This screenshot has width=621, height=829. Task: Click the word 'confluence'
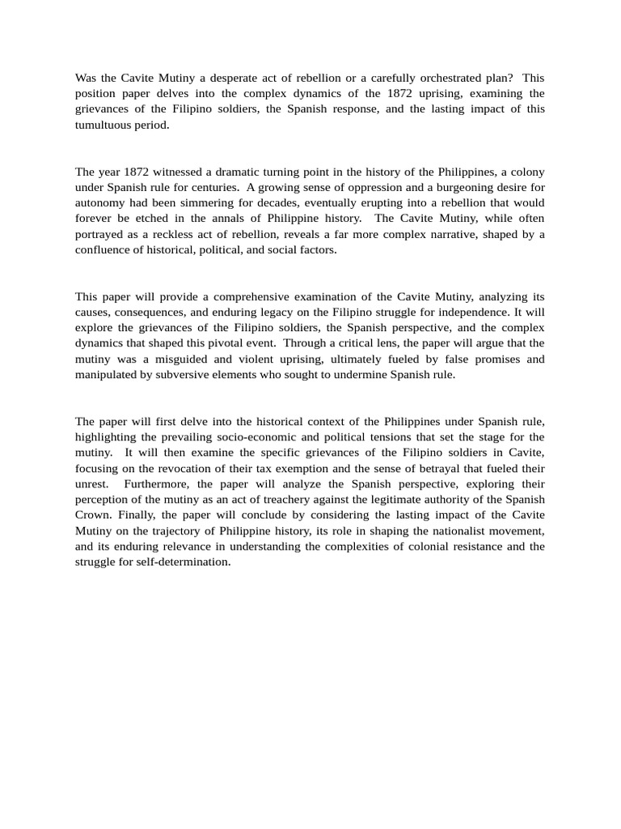coord(105,249)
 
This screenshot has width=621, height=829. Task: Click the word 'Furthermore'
coord(158,483)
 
